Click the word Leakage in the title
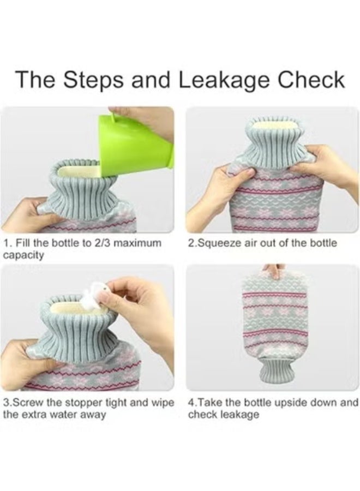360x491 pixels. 224,80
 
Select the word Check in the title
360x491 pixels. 311,80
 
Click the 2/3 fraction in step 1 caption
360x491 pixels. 102,243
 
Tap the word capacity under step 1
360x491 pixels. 23,256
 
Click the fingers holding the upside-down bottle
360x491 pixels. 274,271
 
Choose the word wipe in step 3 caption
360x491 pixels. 162,403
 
